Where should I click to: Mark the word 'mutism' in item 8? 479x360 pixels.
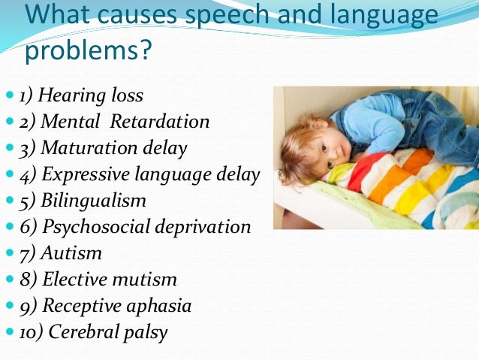click(x=146, y=280)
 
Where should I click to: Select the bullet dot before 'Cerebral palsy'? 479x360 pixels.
click(x=8, y=333)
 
